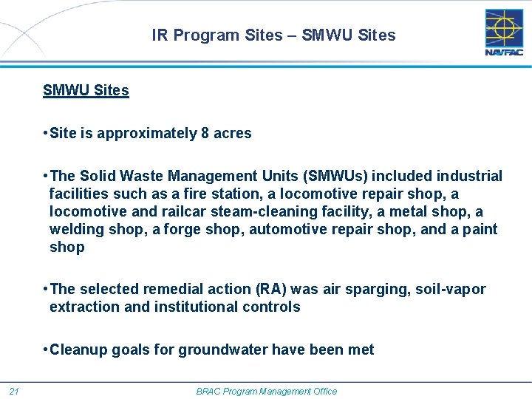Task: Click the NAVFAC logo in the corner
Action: pyautogui.click(x=504, y=33)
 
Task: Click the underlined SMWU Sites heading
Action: pyautogui.click(x=86, y=91)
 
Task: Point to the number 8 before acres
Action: pyautogui.click(x=205, y=134)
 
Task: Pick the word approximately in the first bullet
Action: pyautogui.click(x=147, y=134)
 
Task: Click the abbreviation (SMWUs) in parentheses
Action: pyautogui.click(x=332, y=177)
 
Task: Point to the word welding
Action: pyautogui.click(x=76, y=230)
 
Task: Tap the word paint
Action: pyautogui.click(x=480, y=230)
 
